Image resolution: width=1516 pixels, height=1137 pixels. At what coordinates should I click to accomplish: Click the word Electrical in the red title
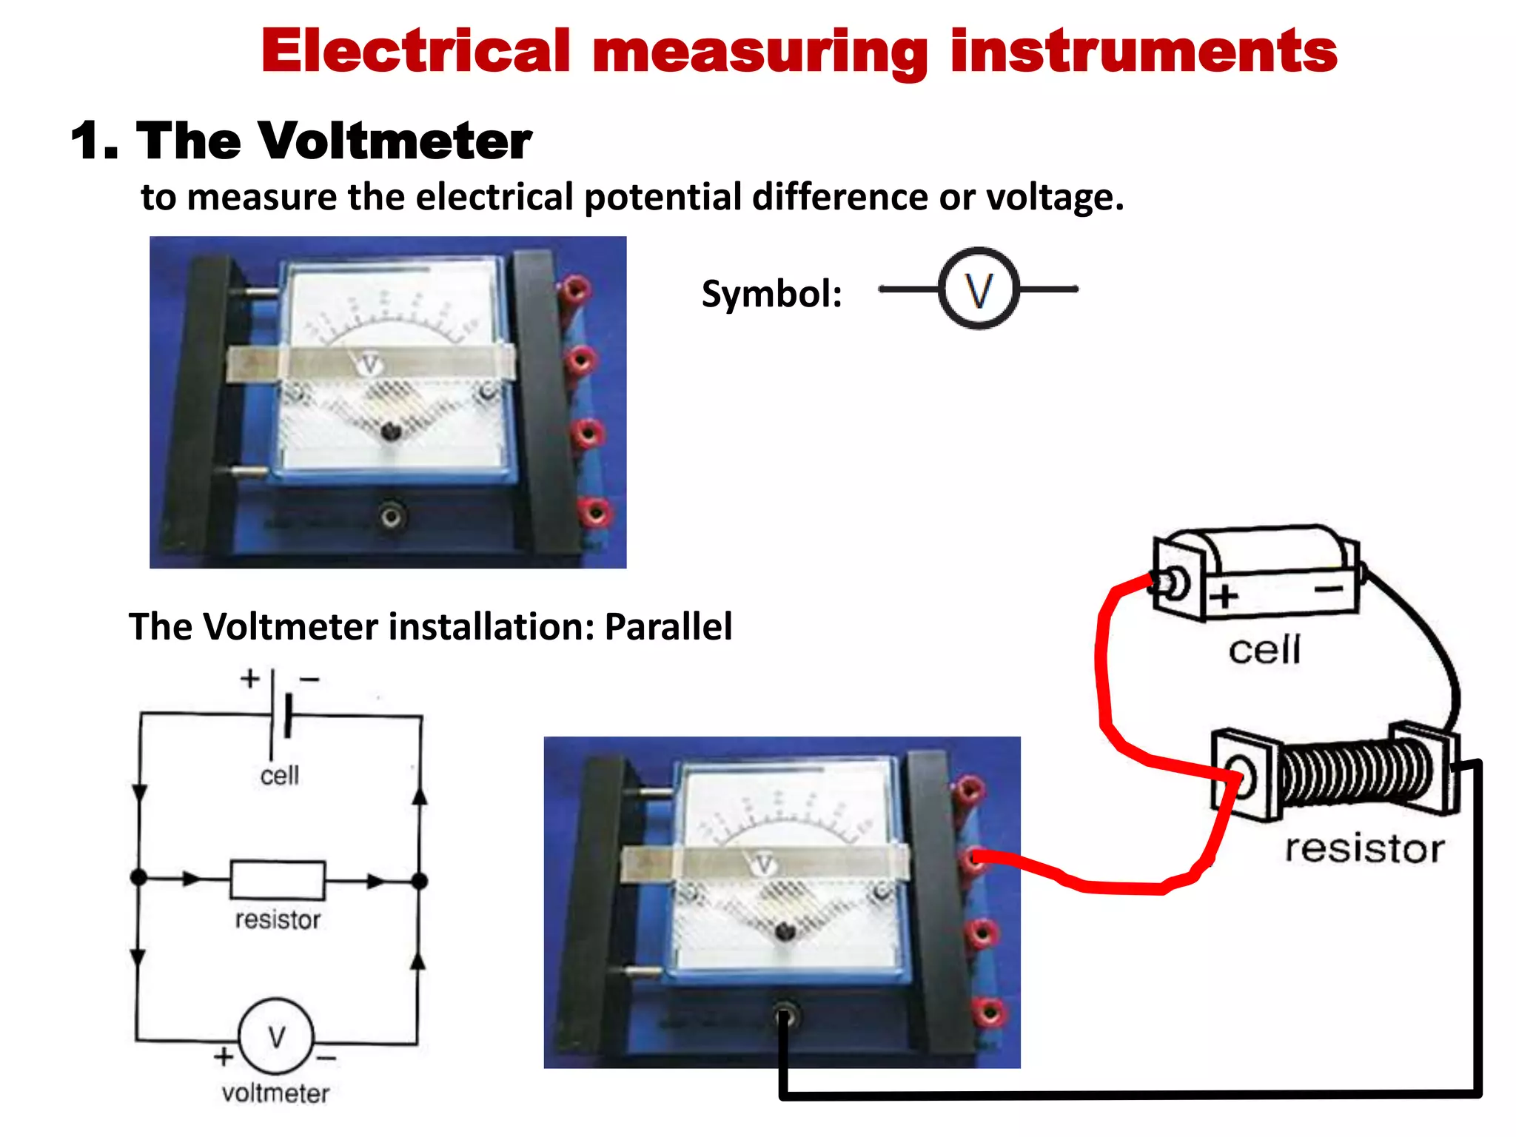click(x=415, y=52)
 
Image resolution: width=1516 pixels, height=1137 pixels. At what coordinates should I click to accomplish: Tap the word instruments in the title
click(x=1144, y=52)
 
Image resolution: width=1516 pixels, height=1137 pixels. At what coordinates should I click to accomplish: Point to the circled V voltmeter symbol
click(x=979, y=289)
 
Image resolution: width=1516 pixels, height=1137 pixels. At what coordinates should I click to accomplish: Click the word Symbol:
click(x=771, y=294)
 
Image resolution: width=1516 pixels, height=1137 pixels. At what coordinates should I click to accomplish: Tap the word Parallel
click(x=668, y=626)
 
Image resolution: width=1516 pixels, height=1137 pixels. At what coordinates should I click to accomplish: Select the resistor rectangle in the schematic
click(x=278, y=879)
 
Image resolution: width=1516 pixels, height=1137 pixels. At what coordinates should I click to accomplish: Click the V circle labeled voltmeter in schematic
click(x=276, y=1036)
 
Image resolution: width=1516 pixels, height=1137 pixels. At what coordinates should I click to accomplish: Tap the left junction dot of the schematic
click(x=138, y=878)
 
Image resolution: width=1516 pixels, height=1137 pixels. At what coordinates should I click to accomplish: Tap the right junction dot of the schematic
click(x=420, y=881)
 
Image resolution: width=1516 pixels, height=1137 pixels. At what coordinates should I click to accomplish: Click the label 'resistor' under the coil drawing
click(x=1364, y=848)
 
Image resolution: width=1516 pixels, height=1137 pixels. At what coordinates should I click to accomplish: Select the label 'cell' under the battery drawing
click(x=1264, y=650)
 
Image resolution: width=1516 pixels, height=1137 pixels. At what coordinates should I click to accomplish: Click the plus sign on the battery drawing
click(x=1224, y=595)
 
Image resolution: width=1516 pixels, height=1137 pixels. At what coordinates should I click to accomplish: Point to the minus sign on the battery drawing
click(x=1329, y=588)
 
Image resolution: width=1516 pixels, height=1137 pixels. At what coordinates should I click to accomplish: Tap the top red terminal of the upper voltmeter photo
click(x=574, y=289)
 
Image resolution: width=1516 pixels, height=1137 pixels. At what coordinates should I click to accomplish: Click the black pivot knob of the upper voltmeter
click(x=390, y=431)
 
